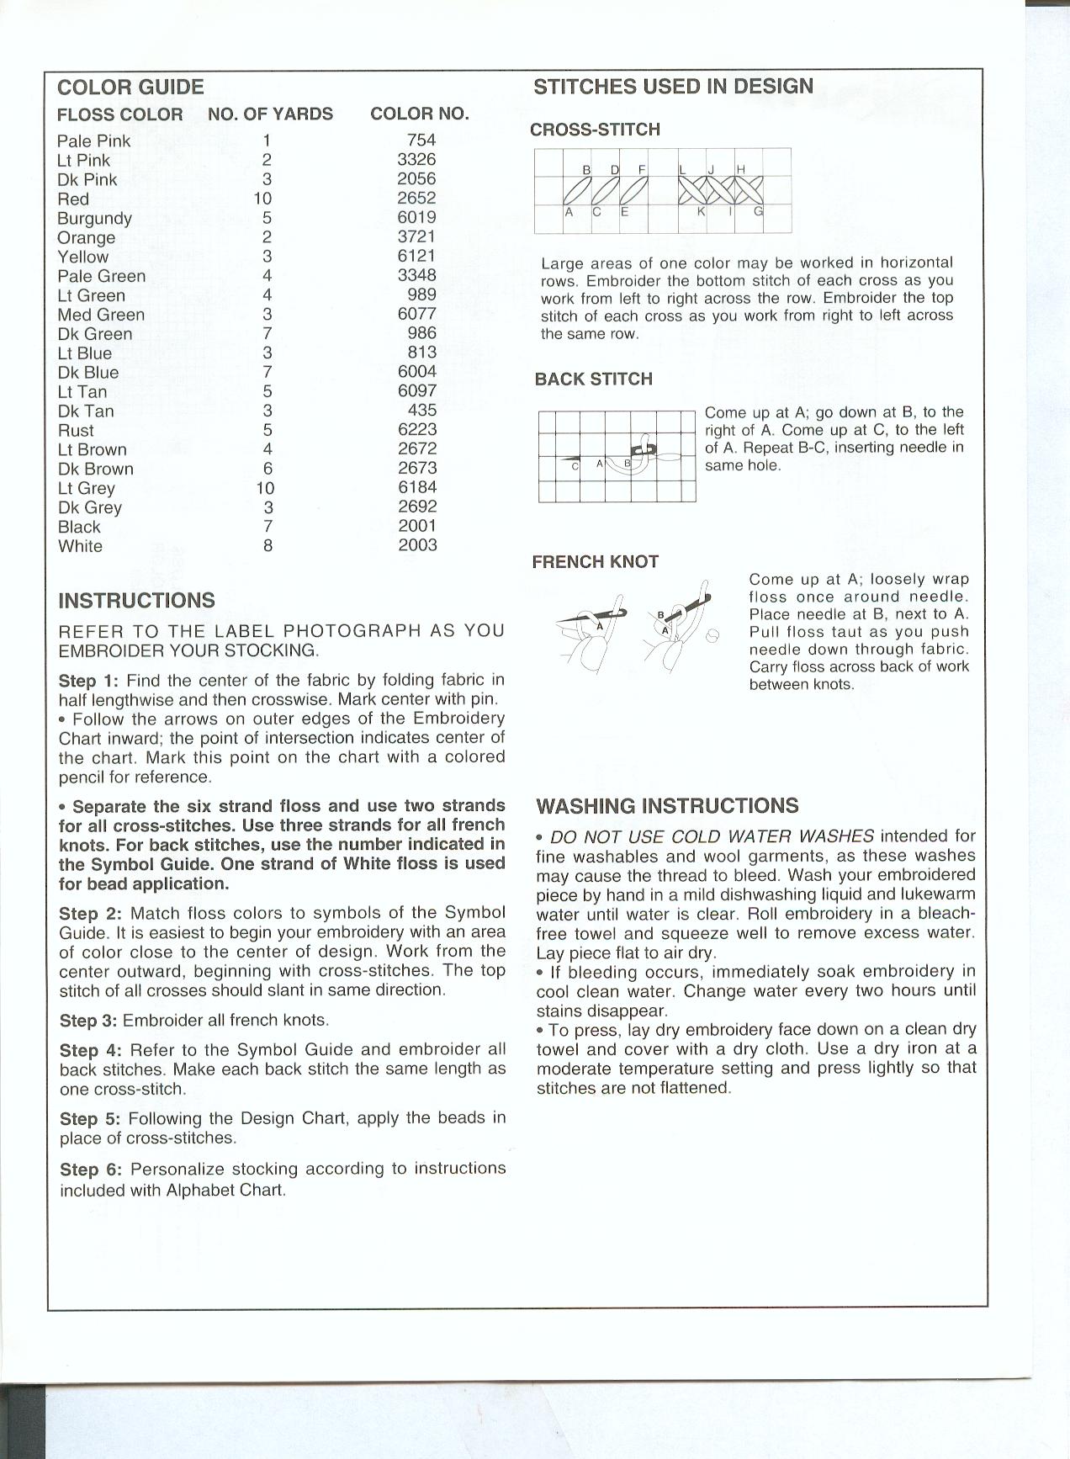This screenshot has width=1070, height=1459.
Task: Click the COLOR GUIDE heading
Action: click(x=130, y=88)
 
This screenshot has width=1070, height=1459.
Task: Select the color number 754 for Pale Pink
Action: click(x=421, y=141)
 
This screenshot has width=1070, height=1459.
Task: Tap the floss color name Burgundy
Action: click(x=94, y=219)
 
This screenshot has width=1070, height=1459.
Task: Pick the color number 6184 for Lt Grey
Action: click(x=417, y=487)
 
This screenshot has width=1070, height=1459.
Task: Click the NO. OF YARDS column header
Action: click(x=270, y=114)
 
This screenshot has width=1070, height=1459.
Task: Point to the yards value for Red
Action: click(x=263, y=199)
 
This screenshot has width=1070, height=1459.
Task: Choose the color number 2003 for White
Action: click(x=417, y=545)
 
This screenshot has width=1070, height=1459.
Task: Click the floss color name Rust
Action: click(x=76, y=431)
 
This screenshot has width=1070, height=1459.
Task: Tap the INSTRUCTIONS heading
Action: click(x=136, y=601)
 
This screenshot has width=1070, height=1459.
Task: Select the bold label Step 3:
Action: click(x=88, y=1021)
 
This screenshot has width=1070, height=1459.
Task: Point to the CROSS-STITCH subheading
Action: click(x=595, y=130)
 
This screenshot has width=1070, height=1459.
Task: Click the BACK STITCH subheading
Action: click(x=594, y=379)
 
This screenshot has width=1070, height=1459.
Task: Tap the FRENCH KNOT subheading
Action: click(x=595, y=562)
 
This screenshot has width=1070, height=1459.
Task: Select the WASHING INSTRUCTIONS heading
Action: click(x=667, y=806)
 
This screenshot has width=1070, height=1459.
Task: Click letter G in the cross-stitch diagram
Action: click(x=758, y=211)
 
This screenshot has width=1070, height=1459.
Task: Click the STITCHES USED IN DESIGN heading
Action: click(x=673, y=87)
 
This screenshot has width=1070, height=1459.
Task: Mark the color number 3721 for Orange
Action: click(x=417, y=237)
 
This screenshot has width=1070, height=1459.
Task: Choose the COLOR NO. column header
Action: click(x=420, y=114)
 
